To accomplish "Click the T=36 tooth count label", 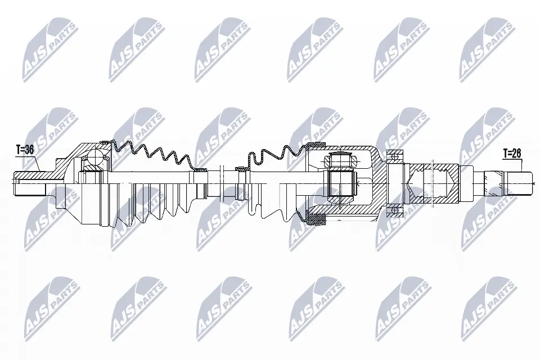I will pos(25,150).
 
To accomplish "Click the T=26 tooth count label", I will pos(512,153).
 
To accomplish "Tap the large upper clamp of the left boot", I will pos(105,142).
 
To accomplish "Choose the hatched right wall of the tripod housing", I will pos(378,180).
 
